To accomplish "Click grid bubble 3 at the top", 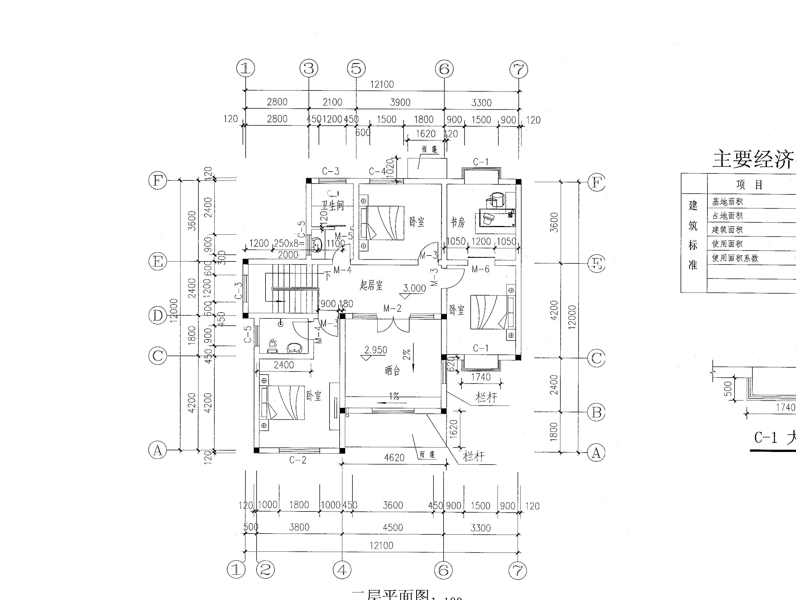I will tap(309, 68).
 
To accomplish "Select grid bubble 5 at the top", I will tap(356, 68).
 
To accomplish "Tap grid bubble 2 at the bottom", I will tap(265, 570).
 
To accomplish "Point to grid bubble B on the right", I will tap(596, 412).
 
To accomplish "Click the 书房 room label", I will tap(458, 222).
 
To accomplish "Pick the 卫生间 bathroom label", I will tap(333, 205).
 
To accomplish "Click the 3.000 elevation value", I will tap(414, 288).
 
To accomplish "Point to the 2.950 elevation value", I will tap(375, 350).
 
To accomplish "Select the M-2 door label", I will tap(392, 308).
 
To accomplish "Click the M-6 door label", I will tap(480, 269).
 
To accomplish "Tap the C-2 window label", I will tap(298, 460).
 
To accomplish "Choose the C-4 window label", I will tap(377, 171).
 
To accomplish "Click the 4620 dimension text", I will tap(394, 458).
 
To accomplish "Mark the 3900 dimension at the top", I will tap(400, 102).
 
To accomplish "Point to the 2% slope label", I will tap(406, 355).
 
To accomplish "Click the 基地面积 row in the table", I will tap(727, 201).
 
